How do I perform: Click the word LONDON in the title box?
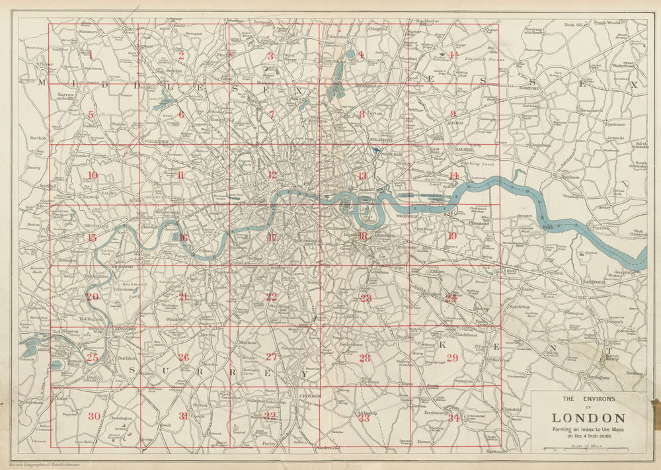pos(588,418)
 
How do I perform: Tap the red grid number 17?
pos(272,237)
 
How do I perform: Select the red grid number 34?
pos(453,418)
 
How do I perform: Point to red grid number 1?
pos(91,55)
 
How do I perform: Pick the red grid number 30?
pos(94,416)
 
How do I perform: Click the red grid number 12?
pos(272,175)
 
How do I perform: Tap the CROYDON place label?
pos(310,396)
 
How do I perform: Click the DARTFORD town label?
pos(594,282)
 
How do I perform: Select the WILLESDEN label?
pos(157,141)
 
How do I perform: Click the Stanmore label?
pos(89,30)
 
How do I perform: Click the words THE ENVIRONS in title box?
pos(588,399)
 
